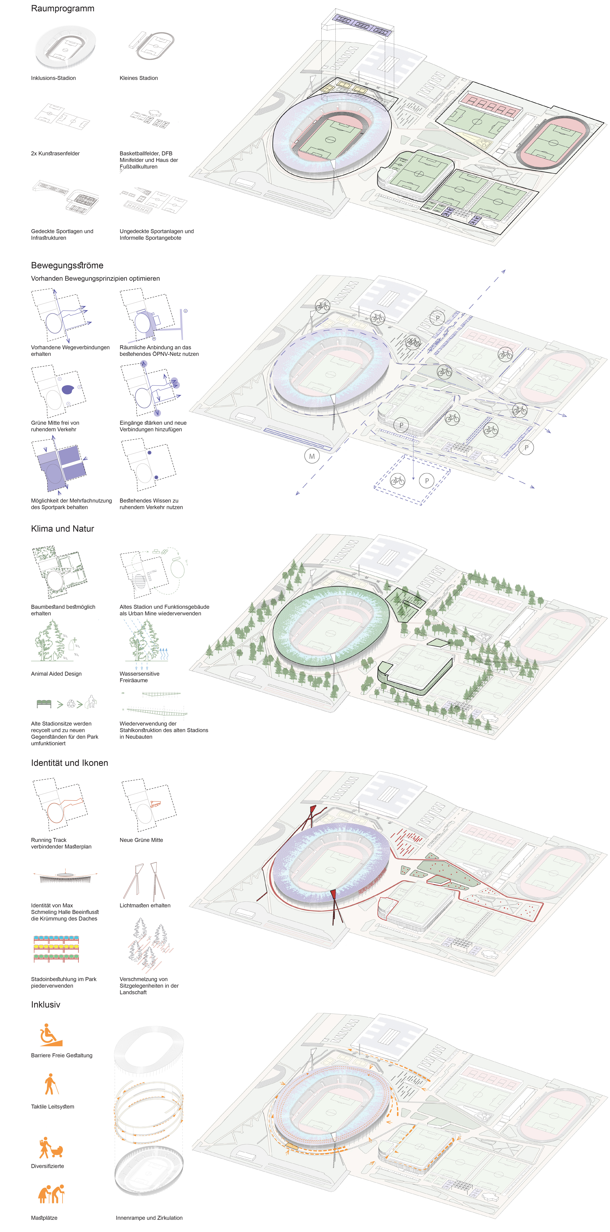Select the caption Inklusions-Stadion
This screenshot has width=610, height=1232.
(x=53, y=78)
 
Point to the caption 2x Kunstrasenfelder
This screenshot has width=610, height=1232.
(x=55, y=154)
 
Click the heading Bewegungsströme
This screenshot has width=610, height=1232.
(x=67, y=265)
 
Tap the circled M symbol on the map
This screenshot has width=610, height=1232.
(x=312, y=456)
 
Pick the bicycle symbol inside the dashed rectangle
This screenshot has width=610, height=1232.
(x=397, y=480)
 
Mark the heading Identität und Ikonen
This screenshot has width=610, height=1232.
(x=69, y=763)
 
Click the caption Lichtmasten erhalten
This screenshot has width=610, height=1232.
(x=144, y=905)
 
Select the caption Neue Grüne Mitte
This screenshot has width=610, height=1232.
(x=141, y=840)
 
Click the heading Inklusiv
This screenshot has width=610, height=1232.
(x=45, y=1004)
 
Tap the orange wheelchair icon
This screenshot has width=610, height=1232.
(x=51, y=1035)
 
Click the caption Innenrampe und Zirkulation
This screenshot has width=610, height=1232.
(x=149, y=1218)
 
